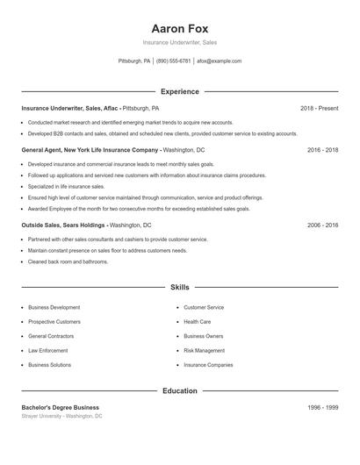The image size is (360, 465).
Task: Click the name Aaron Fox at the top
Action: click(x=179, y=28)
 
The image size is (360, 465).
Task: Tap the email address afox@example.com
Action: click(x=219, y=61)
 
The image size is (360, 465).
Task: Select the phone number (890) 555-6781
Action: click(x=173, y=61)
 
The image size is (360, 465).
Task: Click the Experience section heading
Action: click(x=179, y=91)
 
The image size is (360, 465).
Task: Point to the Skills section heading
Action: click(x=179, y=287)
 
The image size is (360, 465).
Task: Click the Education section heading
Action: click(x=179, y=390)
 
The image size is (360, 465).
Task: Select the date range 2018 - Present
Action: click(x=319, y=108)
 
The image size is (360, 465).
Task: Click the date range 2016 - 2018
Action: click(x=322, y=150)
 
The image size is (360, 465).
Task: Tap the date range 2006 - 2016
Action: click(x=322, y=225)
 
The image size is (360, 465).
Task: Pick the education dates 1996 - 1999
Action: click(x=322, y=408)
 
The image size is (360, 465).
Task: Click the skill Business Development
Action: click(x=54, y=308)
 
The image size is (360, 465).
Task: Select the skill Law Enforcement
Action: click(x=48, y=350)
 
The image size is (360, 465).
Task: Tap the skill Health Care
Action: click(x=198, y=322)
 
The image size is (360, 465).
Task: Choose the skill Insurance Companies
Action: click(x=208, y=364)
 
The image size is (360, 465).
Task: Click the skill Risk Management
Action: click(x=204, y=350)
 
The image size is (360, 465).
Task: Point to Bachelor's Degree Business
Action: click(x=60, y=408)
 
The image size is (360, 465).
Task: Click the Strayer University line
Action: click(x=61, y=416)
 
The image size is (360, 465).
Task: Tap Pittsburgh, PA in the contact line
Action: click(x=133, y=61)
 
